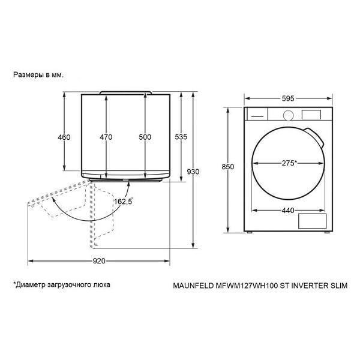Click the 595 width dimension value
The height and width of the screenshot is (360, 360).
click(x=287, y=99)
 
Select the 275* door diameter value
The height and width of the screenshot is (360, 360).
click(x=287, y=163)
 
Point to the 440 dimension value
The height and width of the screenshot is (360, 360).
click(x=287, y=210)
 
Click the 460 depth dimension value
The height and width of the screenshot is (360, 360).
click(x=64, y=137)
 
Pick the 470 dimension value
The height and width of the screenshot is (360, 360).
click(x=106, y=137)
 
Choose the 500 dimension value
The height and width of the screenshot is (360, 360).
click(x=145, y=137)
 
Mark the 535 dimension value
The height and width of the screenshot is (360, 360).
click(x=181, y=137)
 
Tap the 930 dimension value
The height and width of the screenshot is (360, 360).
click(x=193, y=172)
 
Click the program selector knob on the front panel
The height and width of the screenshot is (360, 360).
click(x=288, y=115)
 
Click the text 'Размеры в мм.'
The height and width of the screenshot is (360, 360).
click(x=38, y=76)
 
